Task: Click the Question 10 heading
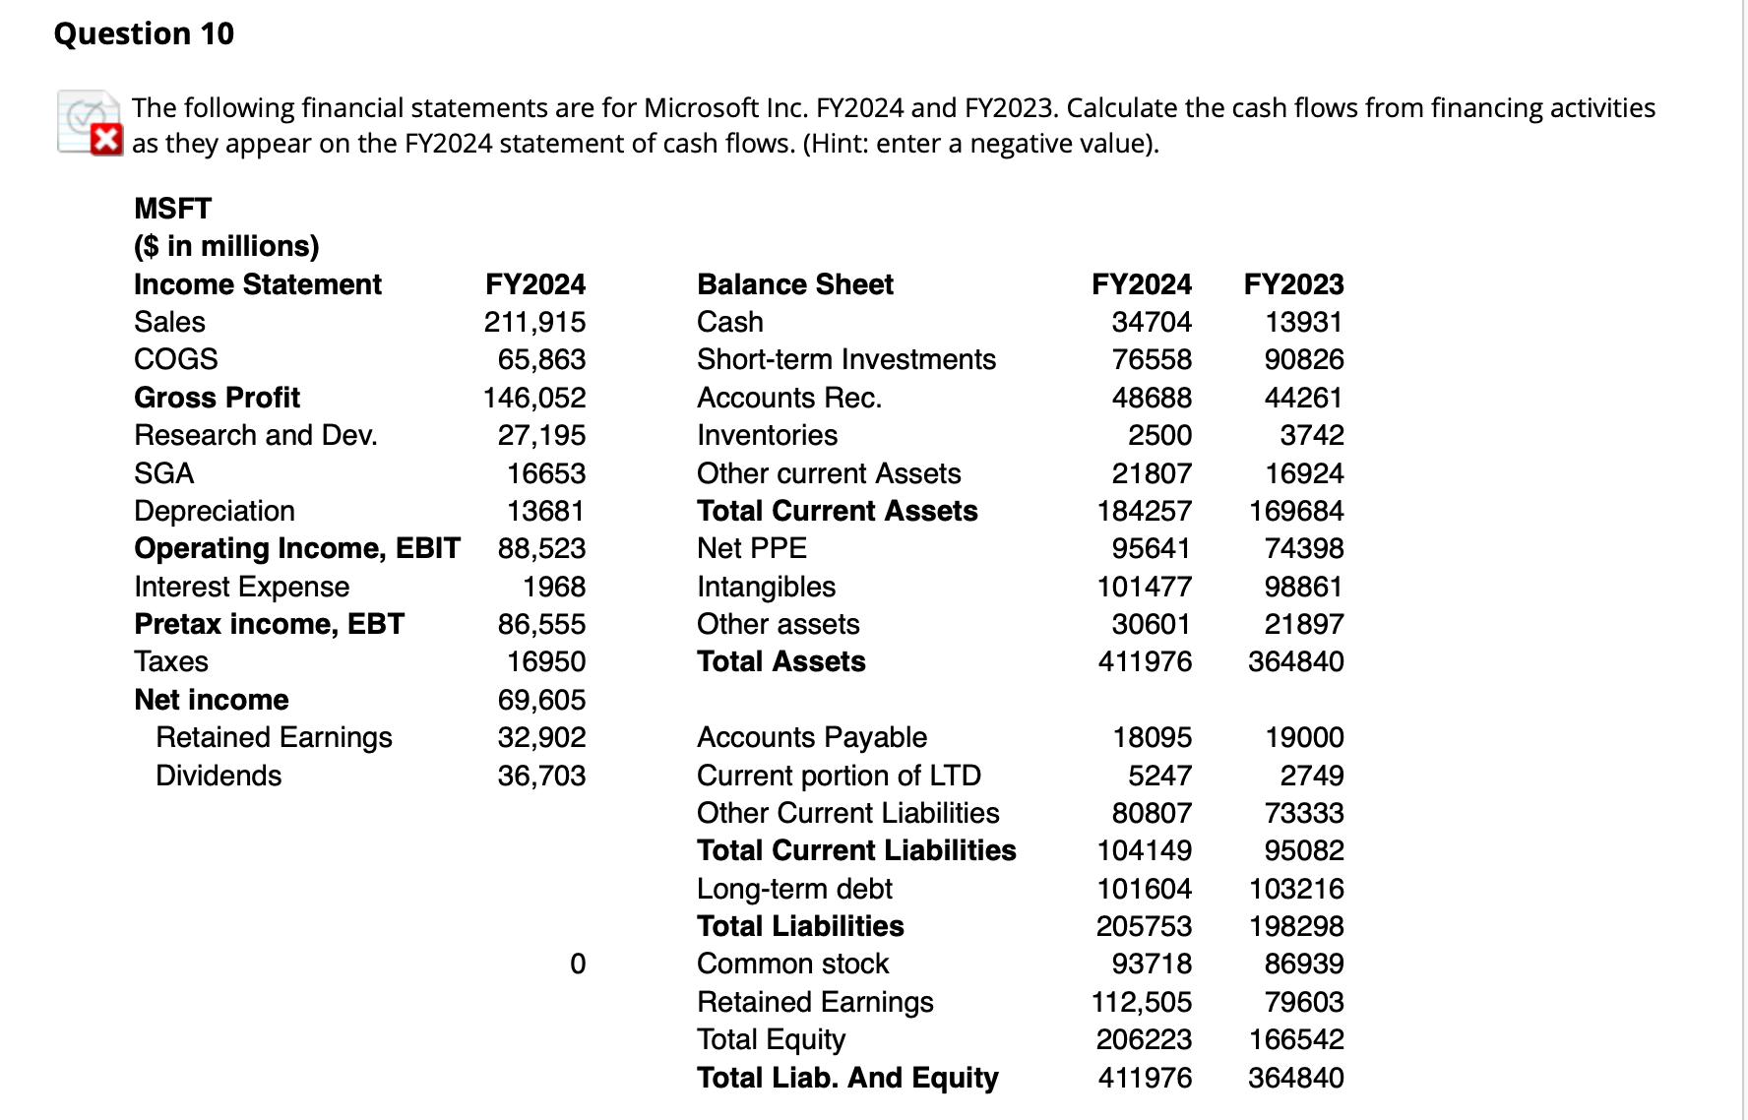pos(145,33)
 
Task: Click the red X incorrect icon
pos(106,140)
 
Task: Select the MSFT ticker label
pos(172,209)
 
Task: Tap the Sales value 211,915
pos(534,322)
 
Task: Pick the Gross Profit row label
pos(217,398)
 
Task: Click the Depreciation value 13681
pos(545,511)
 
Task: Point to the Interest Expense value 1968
pos(554,587)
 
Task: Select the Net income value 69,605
pos(541,700)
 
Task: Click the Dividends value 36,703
pos(541,776)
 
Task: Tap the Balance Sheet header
pos(795,284)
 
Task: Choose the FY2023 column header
pos(1293,284)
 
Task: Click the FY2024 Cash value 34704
pos(1152,322)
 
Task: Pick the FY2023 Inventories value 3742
pos(1312,435)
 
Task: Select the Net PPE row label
pos(752,548)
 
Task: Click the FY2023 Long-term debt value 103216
pos(1296,889)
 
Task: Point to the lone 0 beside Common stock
pos(578,964)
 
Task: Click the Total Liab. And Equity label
pos(847,1078)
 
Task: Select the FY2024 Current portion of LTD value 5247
pos(1159,776)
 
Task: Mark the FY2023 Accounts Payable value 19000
pos(1304,737)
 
